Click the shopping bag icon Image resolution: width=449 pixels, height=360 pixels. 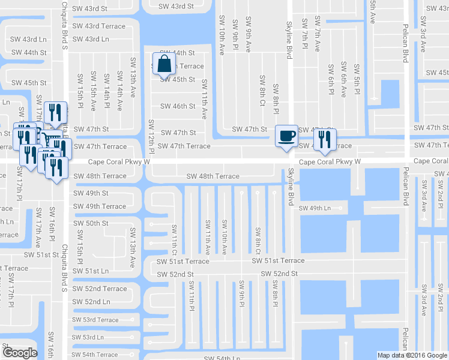[x=164, y=62]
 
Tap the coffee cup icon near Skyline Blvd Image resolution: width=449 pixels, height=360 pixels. [x=286, y=135]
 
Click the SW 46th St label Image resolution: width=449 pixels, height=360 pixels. [x=178, y=106]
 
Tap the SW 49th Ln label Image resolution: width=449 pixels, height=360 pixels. [x=315, y=208]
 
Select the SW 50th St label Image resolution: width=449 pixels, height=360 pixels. [x=91, y=223]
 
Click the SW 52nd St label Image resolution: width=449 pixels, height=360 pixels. [x=279, y=274]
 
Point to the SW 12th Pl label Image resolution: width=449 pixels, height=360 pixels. [x=152, y=136]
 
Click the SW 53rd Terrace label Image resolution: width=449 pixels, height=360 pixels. [x=95, y=320]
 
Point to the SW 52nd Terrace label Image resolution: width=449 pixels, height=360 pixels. [x=100, y=289]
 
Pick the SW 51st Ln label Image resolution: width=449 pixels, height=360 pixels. [x=91, y=271]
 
